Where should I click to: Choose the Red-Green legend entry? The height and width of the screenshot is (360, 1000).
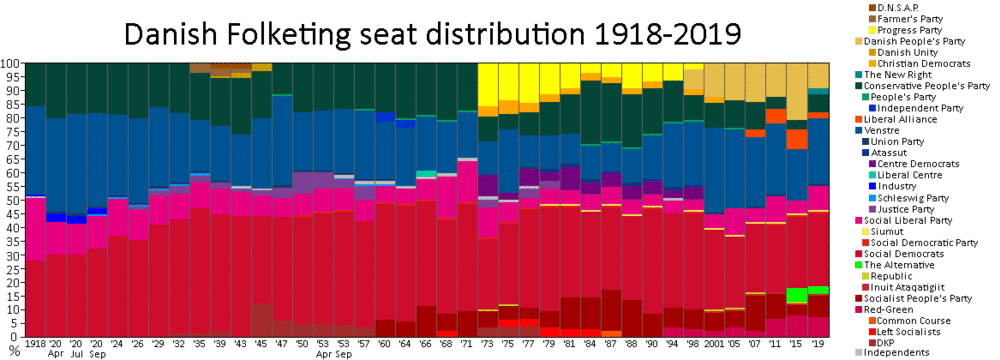pos(893,309)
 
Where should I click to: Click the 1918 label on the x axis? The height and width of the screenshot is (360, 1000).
pos(36,344)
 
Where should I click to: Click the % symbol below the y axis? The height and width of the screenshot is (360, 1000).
pos(13,350)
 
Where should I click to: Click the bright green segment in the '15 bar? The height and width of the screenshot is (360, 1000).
pos(796,295)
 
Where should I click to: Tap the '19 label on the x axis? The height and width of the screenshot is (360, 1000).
pos(819,344)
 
